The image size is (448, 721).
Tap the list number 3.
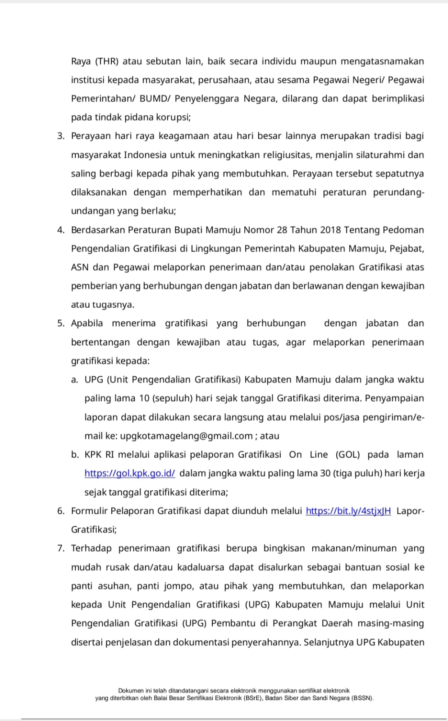[60, 136]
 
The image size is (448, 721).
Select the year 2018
[330, 230]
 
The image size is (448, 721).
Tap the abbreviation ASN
[80, 268]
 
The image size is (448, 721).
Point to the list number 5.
[60, 324]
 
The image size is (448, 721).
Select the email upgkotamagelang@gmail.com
[186, 436]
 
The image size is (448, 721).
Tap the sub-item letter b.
[75, 455]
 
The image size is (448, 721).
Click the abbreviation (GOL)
[348, 455]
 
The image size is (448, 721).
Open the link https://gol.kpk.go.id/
[130, 474]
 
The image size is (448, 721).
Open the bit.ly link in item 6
[348, 511]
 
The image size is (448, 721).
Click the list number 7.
[60, 548]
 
